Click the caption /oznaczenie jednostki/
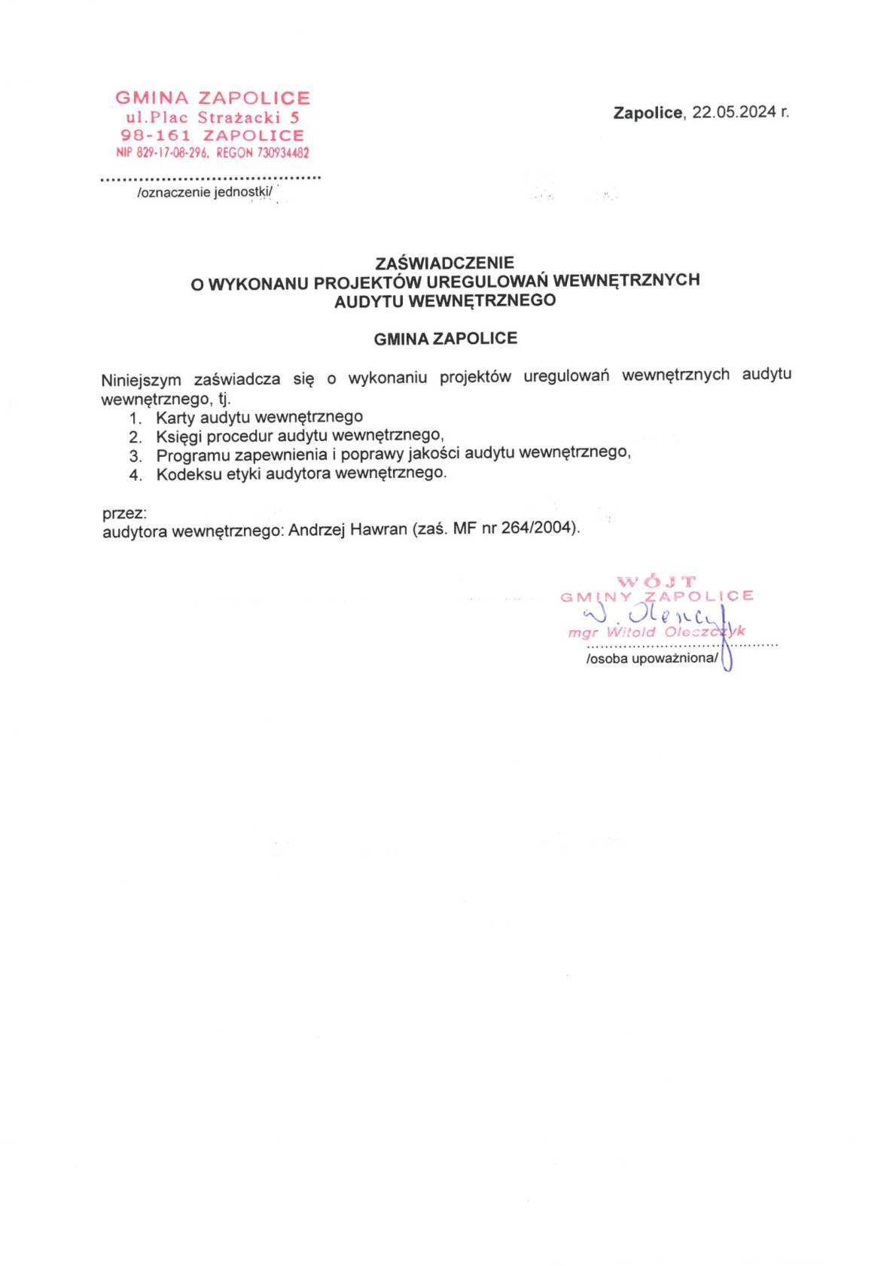[203, 193]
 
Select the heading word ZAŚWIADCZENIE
[445, 263]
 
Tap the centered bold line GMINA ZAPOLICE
[445, 339]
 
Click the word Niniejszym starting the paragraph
[141, 379]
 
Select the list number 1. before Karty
[136, 418]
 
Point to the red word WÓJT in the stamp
[657, 581]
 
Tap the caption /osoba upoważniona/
[653, 659]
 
